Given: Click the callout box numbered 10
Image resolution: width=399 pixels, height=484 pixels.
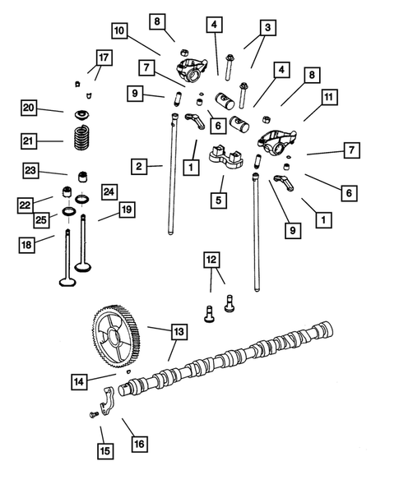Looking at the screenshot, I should [120, 31].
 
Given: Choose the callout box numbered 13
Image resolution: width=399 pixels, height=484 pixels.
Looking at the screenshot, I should [179, 332].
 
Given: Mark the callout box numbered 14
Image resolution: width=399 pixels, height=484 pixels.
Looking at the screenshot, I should [79, 380].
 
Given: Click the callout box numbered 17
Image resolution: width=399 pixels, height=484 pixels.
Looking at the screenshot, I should [103, 58].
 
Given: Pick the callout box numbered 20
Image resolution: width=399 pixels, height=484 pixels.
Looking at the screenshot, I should [30, 108].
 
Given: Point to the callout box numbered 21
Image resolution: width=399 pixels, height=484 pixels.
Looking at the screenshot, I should [30, 141].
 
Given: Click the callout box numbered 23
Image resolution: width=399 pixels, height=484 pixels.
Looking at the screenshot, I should [30, 171].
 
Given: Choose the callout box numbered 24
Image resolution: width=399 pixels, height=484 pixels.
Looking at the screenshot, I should [109, 191].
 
